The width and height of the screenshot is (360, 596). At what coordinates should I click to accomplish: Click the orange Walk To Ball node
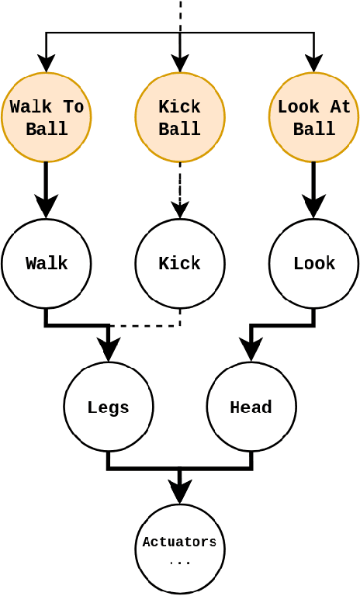click(x=47, y=117)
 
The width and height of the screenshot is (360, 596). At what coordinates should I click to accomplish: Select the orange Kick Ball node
click(x=180, y=117)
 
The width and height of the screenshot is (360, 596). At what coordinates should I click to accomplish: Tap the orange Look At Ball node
click(x=313, y=117)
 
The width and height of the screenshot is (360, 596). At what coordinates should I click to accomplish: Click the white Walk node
click(x=47, y=264)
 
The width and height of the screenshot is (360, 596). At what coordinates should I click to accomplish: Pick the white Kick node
click(x=180, y=264)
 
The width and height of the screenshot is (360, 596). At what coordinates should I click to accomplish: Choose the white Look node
click(x=313, y=264)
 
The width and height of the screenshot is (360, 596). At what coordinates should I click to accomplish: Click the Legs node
click(x=109, y=407)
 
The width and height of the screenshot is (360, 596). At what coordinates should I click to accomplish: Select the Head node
click(x=251, y=407)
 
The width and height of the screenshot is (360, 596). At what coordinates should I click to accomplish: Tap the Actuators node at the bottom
click(x=180, y=549)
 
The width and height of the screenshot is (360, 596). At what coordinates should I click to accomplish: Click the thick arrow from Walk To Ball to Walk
click(x=47, y=186)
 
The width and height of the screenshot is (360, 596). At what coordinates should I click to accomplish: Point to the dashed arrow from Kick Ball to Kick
click(x=180, y=186)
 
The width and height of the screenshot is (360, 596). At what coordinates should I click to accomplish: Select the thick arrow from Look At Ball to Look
click(x=313, y=186)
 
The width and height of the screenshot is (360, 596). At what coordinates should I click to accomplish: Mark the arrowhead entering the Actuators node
click(x=180, y=494)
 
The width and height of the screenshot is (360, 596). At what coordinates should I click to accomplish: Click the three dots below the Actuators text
click(x=180, y=562)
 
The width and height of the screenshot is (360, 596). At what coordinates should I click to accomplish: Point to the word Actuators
click(x=180, y=542)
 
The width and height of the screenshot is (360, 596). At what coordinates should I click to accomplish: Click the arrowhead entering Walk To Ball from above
click(x=47, y=64)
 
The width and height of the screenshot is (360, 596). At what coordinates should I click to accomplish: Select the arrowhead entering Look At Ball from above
click(x=313, y=64)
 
